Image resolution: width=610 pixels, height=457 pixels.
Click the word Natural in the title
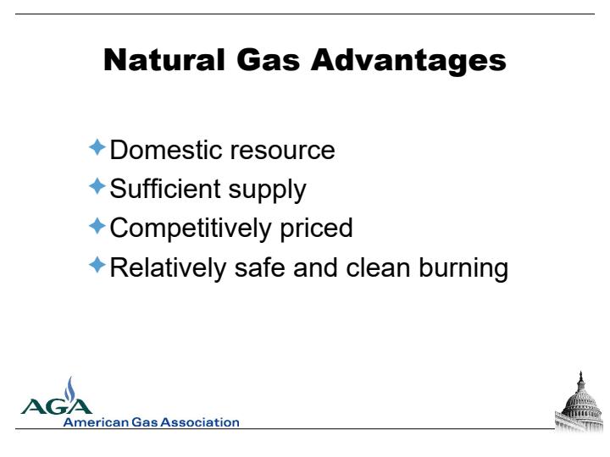point(164,59)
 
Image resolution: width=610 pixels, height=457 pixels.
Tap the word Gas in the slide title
point(268,59)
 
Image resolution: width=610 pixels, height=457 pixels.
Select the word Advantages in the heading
point(408,61)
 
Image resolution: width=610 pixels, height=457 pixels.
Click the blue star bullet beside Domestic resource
point(97,147)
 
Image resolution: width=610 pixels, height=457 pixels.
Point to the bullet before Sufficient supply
point(97,186)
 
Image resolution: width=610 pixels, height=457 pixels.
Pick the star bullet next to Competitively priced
point(97,226)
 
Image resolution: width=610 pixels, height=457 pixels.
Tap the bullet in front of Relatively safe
point(97,265)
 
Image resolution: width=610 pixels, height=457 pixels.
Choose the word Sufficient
point(165,189)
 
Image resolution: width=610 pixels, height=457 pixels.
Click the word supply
point(267,191)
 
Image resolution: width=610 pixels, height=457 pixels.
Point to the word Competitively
point(191,229)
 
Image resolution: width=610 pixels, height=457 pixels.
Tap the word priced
point(316,229)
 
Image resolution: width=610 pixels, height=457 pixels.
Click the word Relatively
point(168,268)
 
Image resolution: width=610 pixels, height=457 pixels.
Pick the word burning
point(463,269)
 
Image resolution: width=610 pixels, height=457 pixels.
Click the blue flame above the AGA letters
point(70,389)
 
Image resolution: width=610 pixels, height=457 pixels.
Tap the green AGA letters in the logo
point(57,406)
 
